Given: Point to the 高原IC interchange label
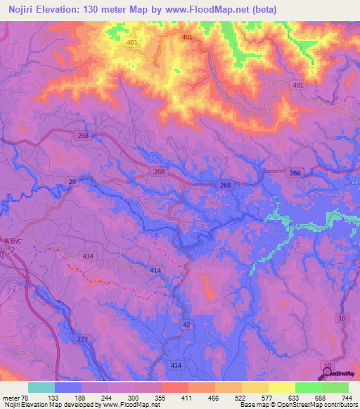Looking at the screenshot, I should pos(10,241).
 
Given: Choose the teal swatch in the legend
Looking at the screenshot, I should pos(41,387).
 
